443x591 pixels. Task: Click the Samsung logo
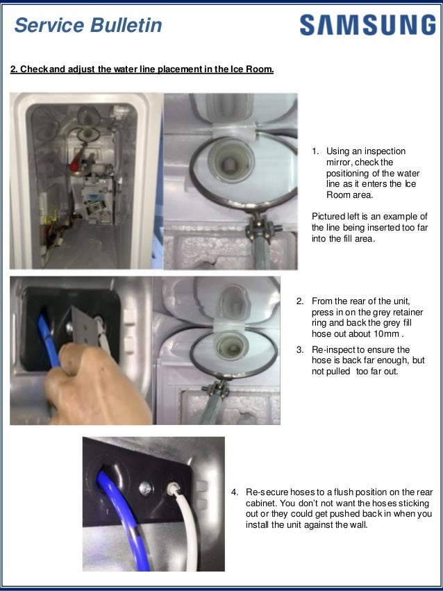[x=367, y=26]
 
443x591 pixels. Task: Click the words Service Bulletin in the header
[x=88, y=26]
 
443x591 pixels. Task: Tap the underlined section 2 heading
[x=142, y=69]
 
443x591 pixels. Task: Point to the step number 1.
[x=315, y=151]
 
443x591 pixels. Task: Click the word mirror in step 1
[x=340, y=162]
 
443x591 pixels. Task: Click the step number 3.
[x=300, y=350]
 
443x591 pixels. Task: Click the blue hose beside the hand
[x=48, y=326]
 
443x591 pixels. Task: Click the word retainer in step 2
[x=396, y=313]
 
